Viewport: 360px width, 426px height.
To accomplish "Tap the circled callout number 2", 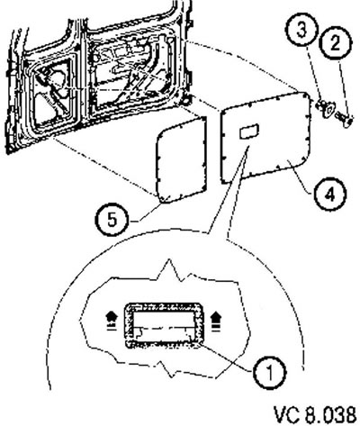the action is (x=336, y=44).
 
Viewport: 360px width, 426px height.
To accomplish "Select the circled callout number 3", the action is (x=301, y=32).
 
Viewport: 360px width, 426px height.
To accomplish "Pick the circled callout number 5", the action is (x=112, y=221).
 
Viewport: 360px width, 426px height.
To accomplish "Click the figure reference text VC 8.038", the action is (x=316, y=414).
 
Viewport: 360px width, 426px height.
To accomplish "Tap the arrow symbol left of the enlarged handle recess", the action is (x=112, y=321).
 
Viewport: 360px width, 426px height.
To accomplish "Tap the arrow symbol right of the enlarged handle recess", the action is (x=215, y=321).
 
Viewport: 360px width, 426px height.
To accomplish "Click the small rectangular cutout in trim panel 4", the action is (x=248, y=131).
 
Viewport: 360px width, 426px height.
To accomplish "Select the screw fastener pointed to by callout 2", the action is (x=345, y=118).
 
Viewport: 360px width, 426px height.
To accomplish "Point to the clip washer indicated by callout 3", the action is (x=325, y=109).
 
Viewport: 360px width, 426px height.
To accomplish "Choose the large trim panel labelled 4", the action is (x=265, y=138).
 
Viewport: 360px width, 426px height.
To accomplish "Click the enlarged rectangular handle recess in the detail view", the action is (x=165, y=325).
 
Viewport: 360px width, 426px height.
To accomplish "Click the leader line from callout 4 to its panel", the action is (x=302, y=177).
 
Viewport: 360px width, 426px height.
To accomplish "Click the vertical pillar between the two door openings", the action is (x=82, y=75).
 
